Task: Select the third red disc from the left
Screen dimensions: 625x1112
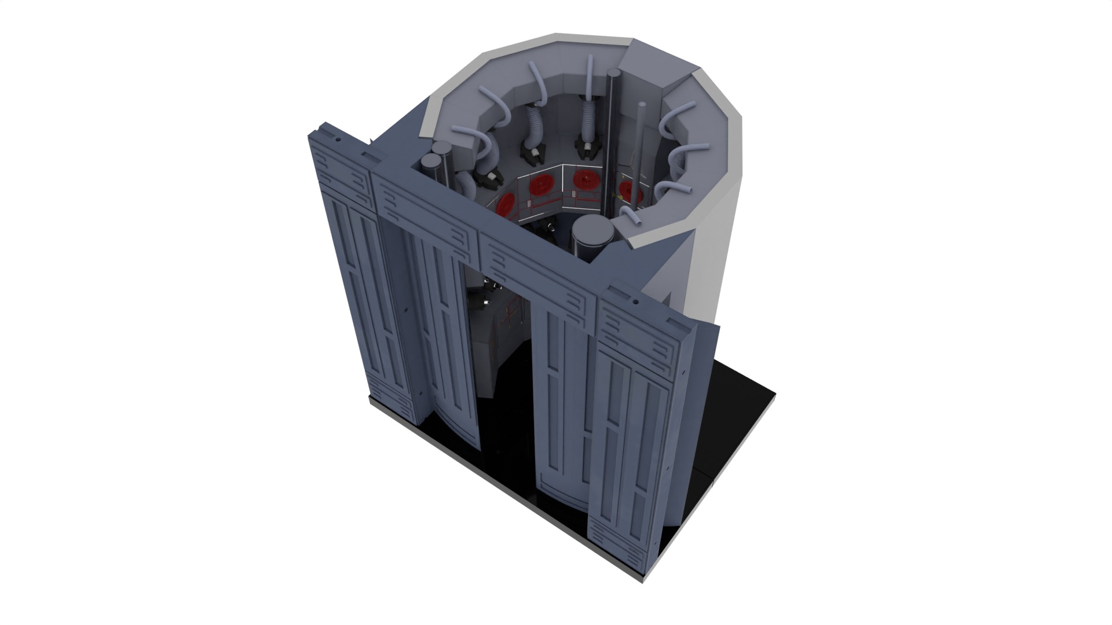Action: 584,180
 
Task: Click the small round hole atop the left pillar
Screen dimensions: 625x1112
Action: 336,139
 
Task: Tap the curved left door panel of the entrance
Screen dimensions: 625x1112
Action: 446,347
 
